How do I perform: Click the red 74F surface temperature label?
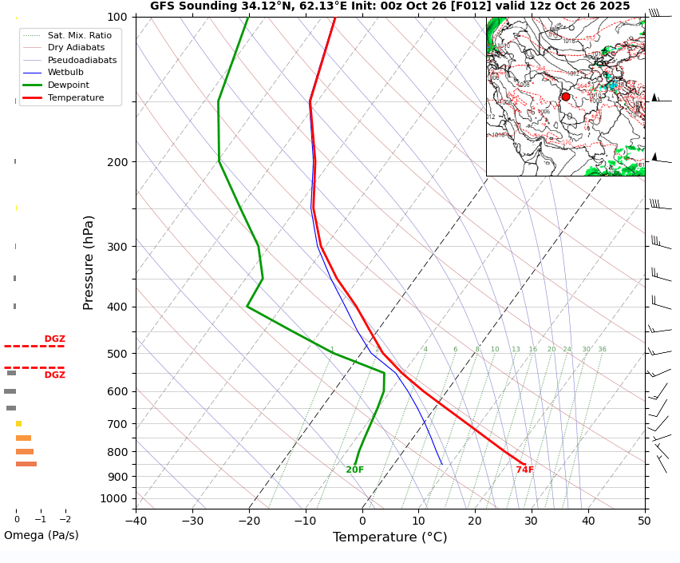[524, 470]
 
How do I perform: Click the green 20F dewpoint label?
[354, 470]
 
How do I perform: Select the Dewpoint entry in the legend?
[68, 85]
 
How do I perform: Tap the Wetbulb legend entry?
[65, 72]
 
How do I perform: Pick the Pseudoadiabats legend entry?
[81, 60]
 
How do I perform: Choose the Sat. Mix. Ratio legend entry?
[79, 35]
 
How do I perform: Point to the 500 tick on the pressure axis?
[118, 354]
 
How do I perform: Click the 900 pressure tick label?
[118, 477]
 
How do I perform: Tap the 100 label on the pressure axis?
[118, 17]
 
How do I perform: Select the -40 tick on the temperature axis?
[136, 521]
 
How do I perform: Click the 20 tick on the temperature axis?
[475, 521]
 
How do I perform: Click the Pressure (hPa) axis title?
[89, 262]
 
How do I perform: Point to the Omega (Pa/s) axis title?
[41, 535]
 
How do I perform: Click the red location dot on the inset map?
[566, 97]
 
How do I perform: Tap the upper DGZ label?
[54, 339]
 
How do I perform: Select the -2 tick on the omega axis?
[65, 519]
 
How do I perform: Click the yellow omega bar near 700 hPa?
[18, 423]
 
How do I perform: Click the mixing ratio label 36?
[602, 349]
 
